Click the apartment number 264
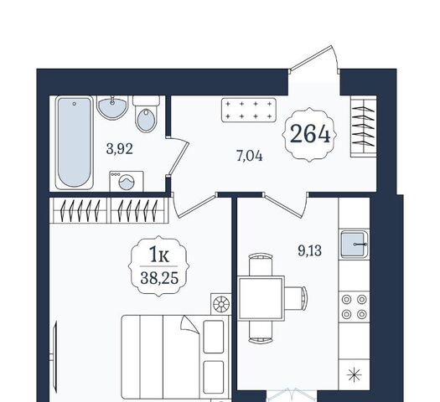click(310, 134)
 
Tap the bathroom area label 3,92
click(119, 149)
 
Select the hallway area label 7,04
click(250, 156)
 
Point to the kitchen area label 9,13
click(310, 250)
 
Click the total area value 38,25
click(159, 278)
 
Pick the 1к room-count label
click(159, 255)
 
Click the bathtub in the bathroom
click(75, 142)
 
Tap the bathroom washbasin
click(112, 107)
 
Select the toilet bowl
click(146, 115)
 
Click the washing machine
click(127, 182)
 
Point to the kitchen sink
click(355, 244)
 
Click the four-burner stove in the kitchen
click(355, 307)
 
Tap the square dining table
click(261, 298)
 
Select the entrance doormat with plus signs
click(249, 110)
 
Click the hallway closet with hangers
click(364, 126)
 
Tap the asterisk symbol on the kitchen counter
click(355, 374)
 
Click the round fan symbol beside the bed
click(221, 304)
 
